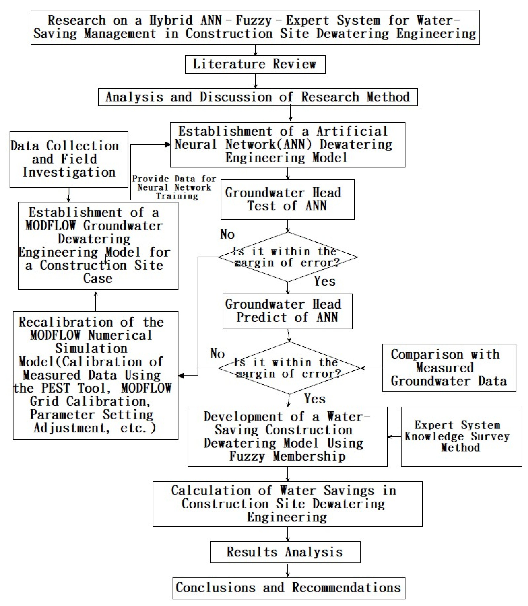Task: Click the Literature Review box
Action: tap(255, 64)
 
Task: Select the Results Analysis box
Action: tap(285, 552)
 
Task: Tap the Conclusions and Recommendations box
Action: tap(288, 588)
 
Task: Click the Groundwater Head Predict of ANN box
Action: tap(287, 311)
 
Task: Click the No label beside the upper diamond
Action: tap(227, 234)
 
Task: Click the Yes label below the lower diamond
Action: tap(314, 399)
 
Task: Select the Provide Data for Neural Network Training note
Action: tap(174, 187)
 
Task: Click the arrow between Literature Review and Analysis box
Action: tap(255, 81)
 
